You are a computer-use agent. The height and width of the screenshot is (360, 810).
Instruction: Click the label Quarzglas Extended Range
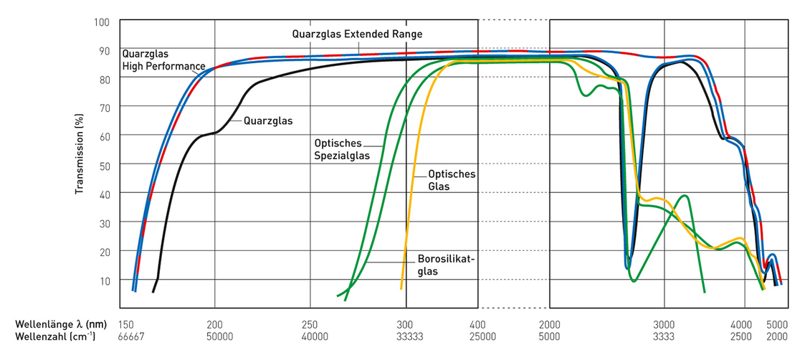[357, 34]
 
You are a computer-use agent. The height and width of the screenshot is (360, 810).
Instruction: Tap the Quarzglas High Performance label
[163, 60]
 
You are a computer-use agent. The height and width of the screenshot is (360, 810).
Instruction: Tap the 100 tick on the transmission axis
[100, 22]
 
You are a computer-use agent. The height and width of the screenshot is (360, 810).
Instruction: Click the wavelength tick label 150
[126, 324]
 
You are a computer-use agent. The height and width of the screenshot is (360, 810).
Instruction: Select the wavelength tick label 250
[310, 324]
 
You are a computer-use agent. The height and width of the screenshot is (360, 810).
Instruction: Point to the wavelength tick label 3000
[664, 324]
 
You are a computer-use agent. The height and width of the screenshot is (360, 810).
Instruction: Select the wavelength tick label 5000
[778, 324]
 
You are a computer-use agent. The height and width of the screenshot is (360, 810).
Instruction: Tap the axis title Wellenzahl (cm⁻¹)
[54, 336]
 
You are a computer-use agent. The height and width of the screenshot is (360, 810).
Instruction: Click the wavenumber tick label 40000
[310, 336]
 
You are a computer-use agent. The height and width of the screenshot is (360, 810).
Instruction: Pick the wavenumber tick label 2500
[742, 336]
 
